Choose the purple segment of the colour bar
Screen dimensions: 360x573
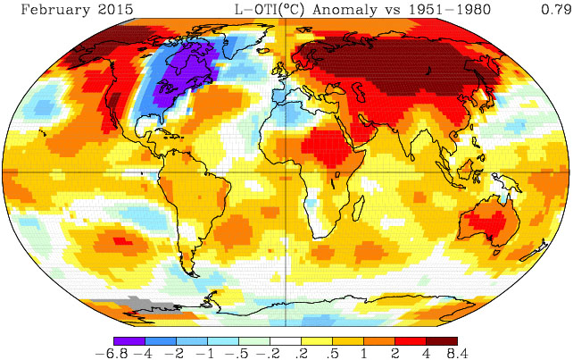click(x=129, y=340)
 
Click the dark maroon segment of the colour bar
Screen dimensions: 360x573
click(x=442, y=340)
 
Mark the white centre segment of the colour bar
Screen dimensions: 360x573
click(x=286, y=340)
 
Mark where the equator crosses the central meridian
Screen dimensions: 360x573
click(x=286, y=171)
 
